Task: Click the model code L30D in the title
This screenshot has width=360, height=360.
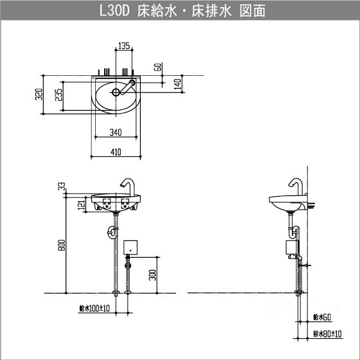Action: (x=115, y=12)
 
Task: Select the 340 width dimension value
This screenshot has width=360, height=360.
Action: (x=116, y=133)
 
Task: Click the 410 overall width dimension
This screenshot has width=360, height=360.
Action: (x=116, y=152)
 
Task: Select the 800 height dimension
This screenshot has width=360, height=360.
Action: (x=62, y=246)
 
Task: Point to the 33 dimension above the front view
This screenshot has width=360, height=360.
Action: (x=62, y=186)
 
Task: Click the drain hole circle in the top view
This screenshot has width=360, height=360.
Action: (x=116, y=92)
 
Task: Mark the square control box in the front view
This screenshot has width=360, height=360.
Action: (x=131, y=247)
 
